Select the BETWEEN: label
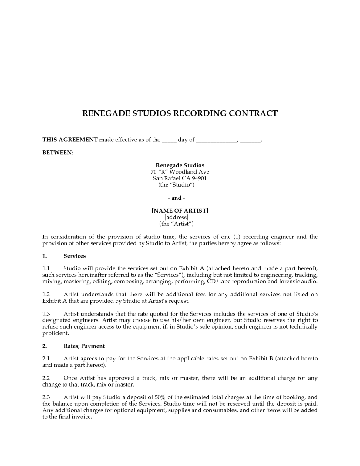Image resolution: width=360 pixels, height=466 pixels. [x=58, y=153]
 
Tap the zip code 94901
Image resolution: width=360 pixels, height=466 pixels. [x=199, y=178]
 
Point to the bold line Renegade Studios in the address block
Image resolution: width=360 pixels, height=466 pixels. [x=180, y=165]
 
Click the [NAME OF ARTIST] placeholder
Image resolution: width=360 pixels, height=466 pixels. [x=180, y=211]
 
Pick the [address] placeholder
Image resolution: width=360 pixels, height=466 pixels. [x=176, y=217]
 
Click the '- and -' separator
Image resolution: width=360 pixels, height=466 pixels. [x=176, y=198]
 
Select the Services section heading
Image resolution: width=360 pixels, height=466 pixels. [x=75, y=256]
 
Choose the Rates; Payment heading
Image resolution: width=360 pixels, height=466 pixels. [x=84, y=346]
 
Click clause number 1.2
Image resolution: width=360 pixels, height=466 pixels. [x=46, y=294]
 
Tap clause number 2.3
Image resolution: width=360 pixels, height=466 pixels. [x=46, y=397]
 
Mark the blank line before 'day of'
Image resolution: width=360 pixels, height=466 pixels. [x=169, y=140]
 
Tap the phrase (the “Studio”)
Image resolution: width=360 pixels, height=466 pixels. [x=176, y=185]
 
